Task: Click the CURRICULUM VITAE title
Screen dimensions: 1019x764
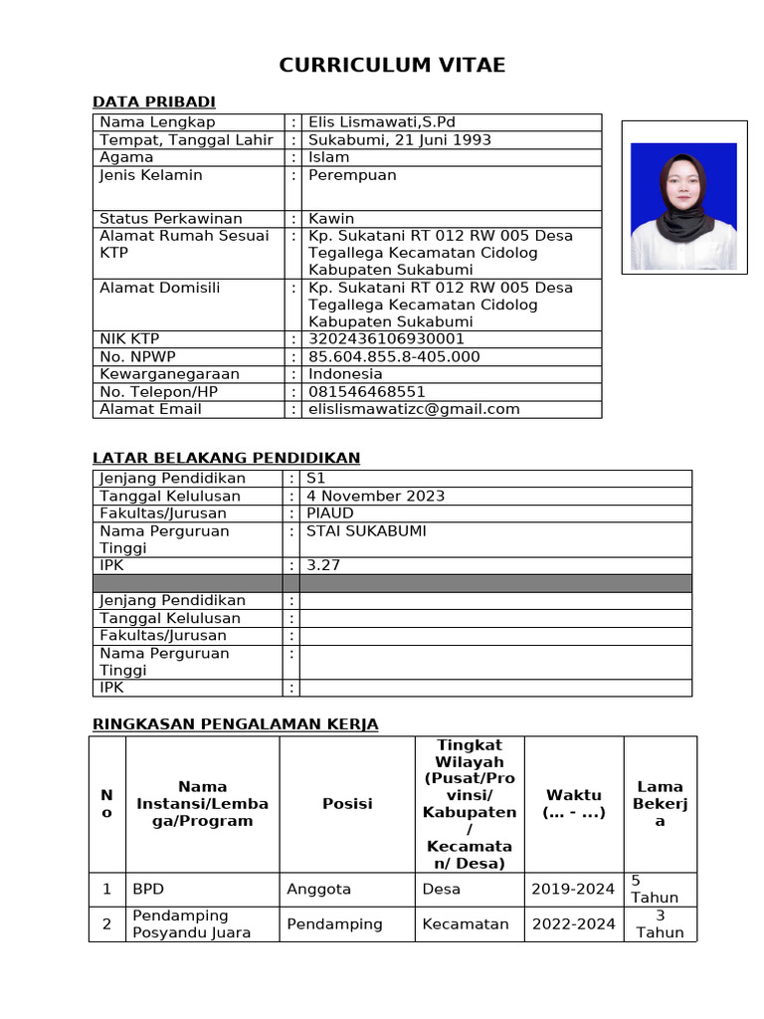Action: pos(392,66)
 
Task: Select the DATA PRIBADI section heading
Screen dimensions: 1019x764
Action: pos(153,102)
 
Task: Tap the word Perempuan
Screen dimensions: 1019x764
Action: pos(352,175)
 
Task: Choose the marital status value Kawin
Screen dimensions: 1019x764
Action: pos(331,218)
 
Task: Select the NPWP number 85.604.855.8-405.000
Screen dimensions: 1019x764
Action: pos(394,356)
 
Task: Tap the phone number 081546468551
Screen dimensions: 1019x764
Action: pos(367,391)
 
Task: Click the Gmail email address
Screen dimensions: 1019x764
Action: pos(414,409)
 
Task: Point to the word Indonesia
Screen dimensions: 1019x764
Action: pos(345,374)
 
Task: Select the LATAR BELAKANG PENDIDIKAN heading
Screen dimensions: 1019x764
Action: pos(226,458)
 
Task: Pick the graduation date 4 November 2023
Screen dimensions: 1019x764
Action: pos(376,496)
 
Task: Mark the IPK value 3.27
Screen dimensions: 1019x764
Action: pos(323,565)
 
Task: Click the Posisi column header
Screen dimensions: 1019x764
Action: pos(347,804)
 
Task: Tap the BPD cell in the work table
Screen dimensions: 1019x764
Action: pos(148,889)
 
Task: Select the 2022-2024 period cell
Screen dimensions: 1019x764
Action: pos(573,923)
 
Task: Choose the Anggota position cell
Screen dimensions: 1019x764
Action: pos(318,889)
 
